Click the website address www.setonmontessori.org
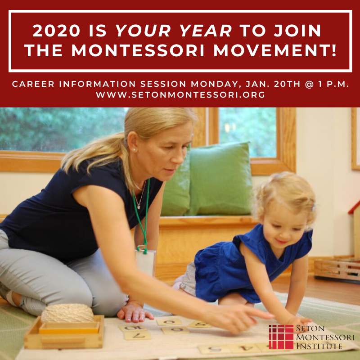tap(180, 95)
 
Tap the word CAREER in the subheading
tap(33, 84)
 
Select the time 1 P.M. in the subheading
tap(330, 84)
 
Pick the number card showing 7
tap(138, 335)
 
